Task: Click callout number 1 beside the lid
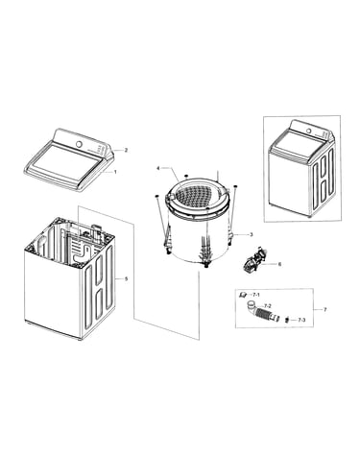[x=115, y=172]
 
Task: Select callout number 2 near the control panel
[x=126, y=150]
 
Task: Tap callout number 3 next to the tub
[x=252, y=234]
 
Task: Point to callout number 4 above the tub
[x=157, y=168]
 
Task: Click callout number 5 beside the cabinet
[x=126, y=279]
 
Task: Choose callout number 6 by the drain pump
[x=279, y=264]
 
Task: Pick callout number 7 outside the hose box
[x=324, y=309]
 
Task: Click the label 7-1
[x=256, y=294]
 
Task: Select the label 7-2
[x=268, y=305]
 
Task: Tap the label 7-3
[x=301, y=320]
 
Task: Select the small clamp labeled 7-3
[x=287, y=320]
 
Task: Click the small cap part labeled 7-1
[x=243, y=294]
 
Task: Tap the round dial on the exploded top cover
[x=79, y=144]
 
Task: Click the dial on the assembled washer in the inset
[x=309, y=131]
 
